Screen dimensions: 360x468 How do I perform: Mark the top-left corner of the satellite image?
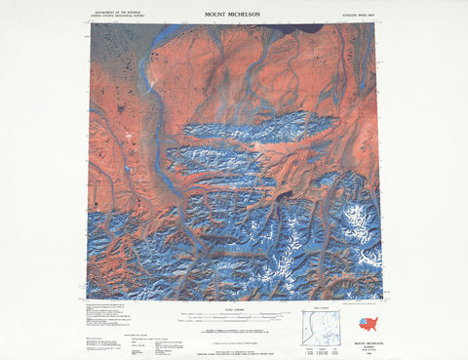[88, 25]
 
